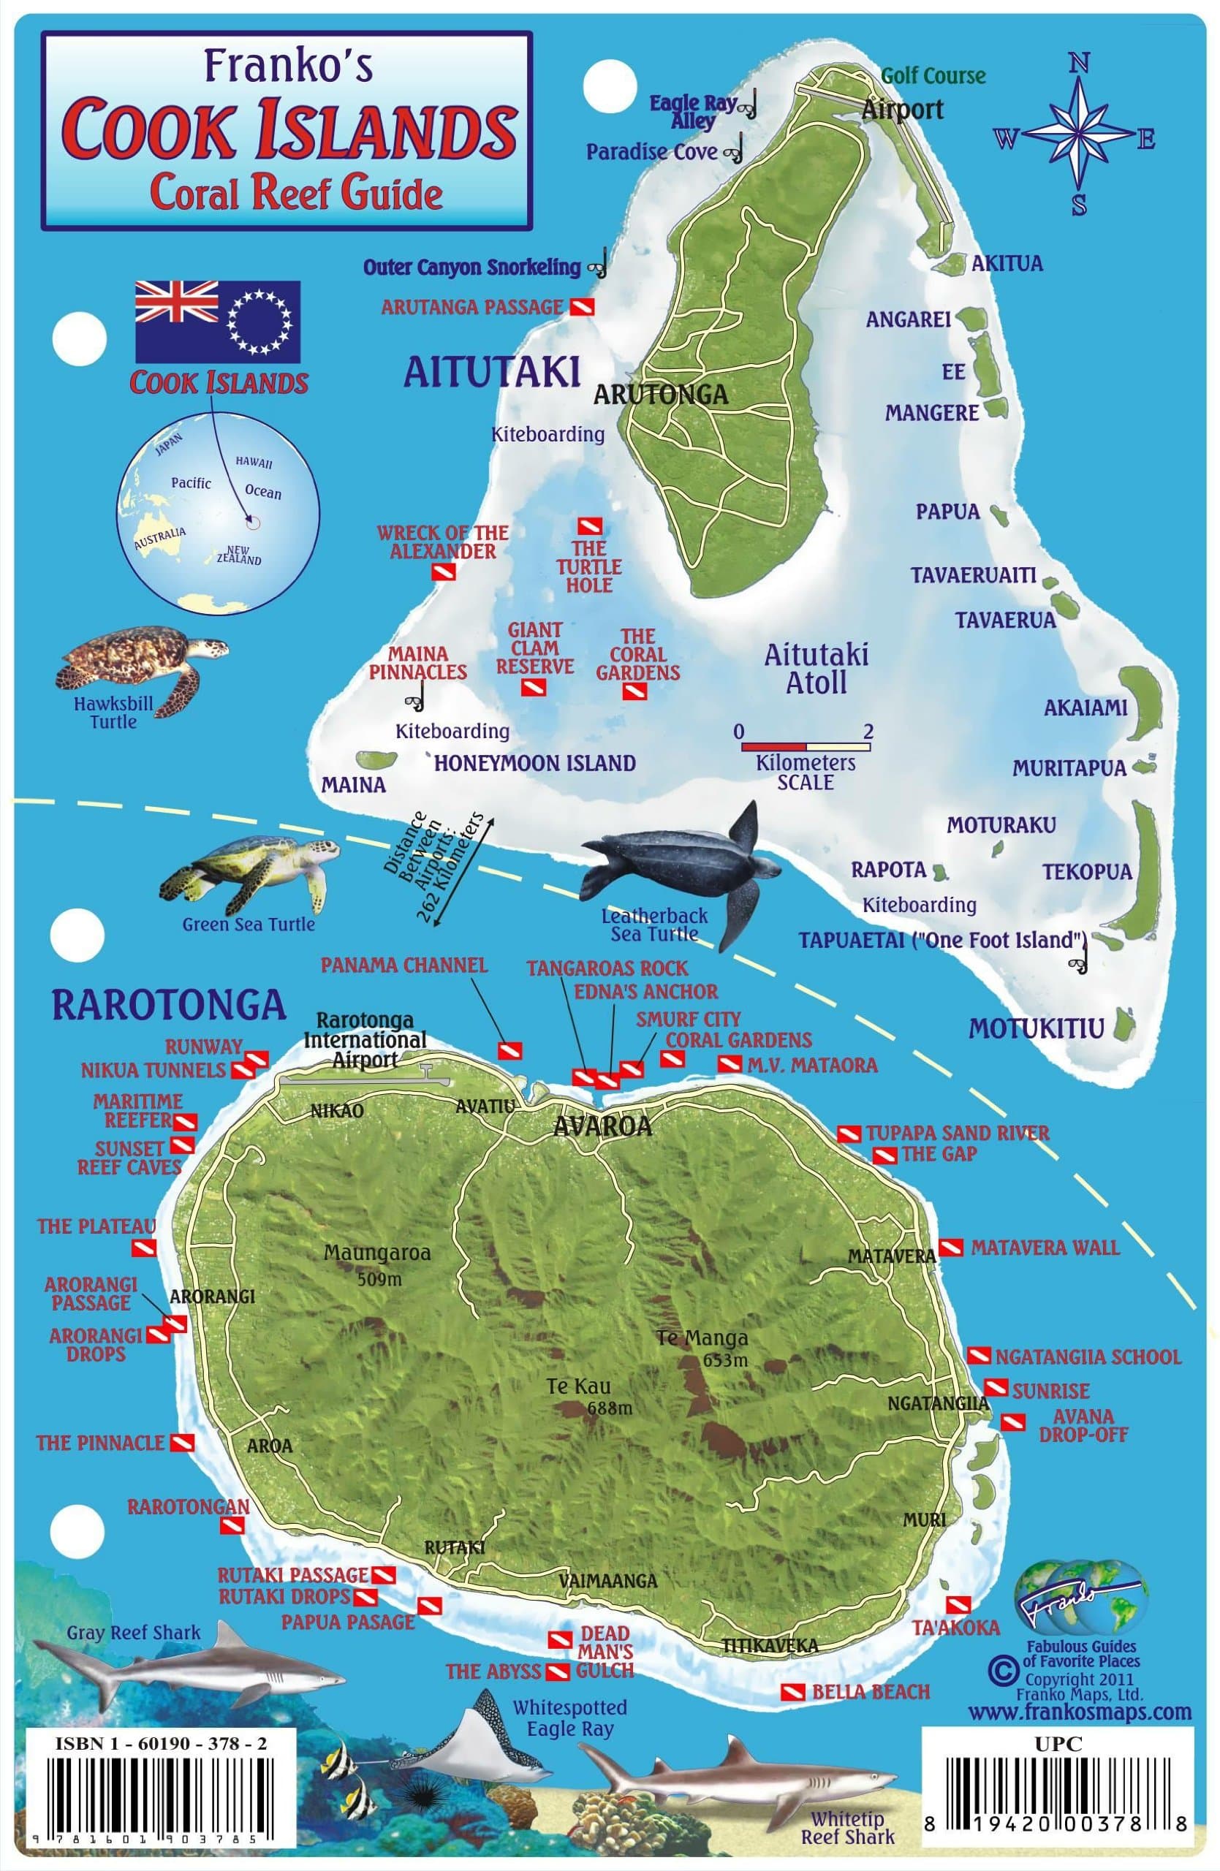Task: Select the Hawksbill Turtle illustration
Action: click(140, 661)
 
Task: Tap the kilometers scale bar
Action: click(806, 745)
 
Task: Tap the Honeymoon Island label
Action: click(535, 762)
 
